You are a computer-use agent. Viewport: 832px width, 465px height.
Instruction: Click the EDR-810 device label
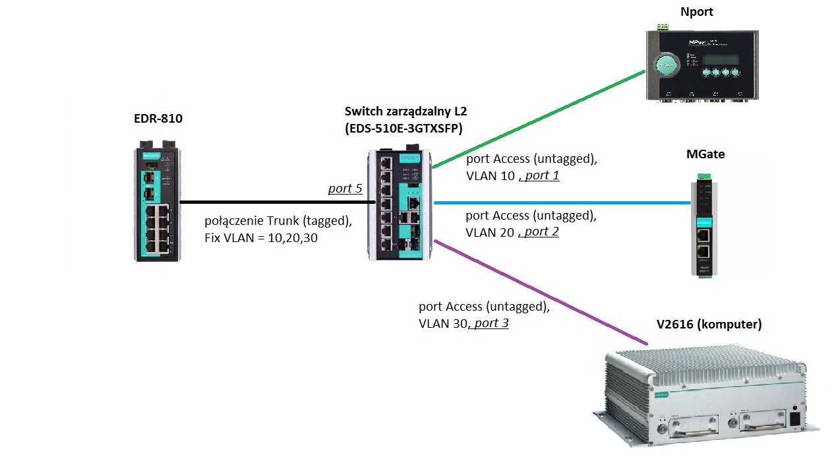(158, 119)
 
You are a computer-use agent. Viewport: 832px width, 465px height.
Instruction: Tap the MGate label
(705, 154)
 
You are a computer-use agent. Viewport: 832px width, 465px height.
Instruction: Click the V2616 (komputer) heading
(709, 325)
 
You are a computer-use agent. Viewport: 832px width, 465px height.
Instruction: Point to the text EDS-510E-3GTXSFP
(403, 129)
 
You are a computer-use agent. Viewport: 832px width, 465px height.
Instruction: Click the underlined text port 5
(345, 189)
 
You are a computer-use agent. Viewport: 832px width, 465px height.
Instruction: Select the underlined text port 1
(541, 175)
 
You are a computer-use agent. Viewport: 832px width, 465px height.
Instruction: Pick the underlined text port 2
(541, 232)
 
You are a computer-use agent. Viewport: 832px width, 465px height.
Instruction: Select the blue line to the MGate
(560, 204)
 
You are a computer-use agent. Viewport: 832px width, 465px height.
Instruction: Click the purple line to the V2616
(541, 294)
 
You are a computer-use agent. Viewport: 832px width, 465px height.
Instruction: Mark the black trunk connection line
(277, 202)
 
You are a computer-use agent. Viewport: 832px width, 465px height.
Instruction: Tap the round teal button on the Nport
(667, 67)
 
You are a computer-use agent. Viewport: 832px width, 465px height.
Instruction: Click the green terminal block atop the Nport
(663, 27)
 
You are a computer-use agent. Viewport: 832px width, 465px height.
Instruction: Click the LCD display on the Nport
(720, 59)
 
